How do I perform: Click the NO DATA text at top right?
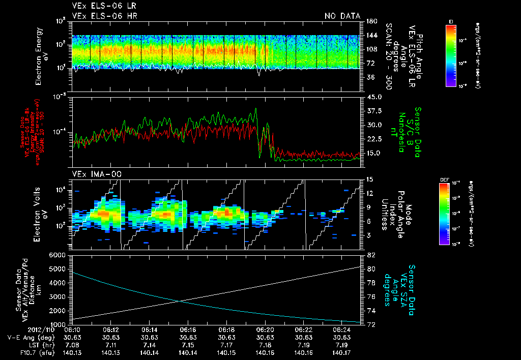point(342,16)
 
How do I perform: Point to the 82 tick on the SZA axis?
point(371,255)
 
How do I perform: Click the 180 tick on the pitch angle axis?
point(371,21)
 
